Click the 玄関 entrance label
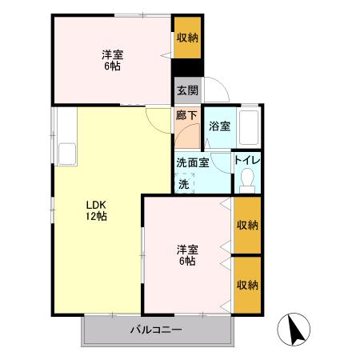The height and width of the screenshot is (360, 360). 187,90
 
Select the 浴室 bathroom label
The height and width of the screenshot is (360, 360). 218,126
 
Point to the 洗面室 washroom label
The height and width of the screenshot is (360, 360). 193,162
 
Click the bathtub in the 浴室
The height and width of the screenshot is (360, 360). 250,126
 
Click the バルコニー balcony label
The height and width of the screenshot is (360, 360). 157,330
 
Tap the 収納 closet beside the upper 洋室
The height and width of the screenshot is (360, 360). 188,37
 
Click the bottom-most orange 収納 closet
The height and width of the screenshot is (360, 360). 247,285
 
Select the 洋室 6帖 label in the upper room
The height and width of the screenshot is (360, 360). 111,61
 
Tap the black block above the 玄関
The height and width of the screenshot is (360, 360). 187,68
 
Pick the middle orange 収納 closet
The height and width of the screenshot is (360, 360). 247,225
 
